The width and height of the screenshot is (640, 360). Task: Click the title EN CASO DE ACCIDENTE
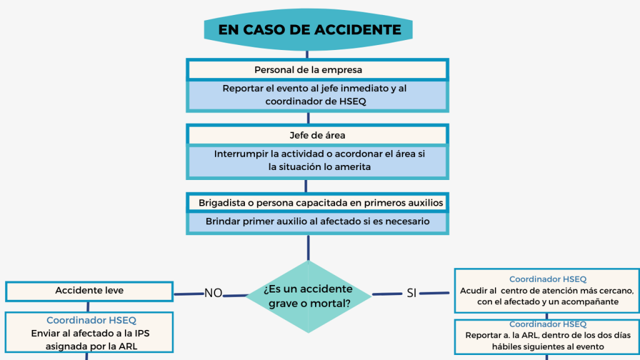[x=309, y=29]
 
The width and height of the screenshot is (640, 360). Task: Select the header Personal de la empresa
[x=317, y=69]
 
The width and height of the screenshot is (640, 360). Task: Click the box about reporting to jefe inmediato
[x=317, y=95]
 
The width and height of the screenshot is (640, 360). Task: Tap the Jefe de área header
[x=317, y=135]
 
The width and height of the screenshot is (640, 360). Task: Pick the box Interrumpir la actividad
[x=317, y=160]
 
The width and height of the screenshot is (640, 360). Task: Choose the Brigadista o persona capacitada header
[x=317, y=202]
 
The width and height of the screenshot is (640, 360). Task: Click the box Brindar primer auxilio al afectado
[x=317, y=222]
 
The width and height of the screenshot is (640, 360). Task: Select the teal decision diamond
[x=308, y=296]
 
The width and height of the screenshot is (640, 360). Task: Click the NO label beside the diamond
[x=213, y=293]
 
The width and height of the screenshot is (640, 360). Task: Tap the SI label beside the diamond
[x=411, y=293]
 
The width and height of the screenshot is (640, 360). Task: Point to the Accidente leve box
[x=89, y=291]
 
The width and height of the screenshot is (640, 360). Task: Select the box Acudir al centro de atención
[x=547, y=291]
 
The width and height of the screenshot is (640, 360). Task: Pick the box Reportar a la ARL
[x=547, y=336]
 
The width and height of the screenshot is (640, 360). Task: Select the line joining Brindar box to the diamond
[x=308, y=247]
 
